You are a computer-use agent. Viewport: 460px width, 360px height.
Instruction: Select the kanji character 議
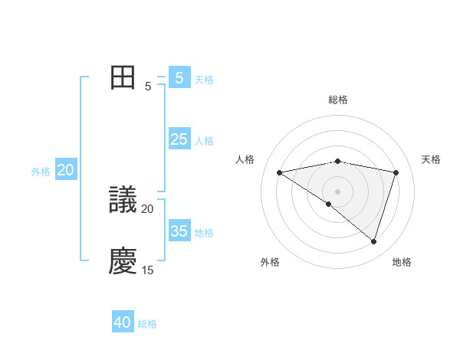[123, 201]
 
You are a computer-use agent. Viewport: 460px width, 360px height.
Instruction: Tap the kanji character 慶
[123, 261]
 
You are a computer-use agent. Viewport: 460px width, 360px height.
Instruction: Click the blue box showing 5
[179, 77]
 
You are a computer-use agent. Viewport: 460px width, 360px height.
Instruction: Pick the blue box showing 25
[179, 139]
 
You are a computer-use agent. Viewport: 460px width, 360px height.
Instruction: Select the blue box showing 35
[179, 231]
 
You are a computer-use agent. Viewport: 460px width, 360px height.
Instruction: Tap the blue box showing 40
[123, 322]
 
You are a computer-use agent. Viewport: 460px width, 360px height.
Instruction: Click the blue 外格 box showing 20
[65, 170]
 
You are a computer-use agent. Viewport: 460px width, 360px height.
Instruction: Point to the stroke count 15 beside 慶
[147, 270]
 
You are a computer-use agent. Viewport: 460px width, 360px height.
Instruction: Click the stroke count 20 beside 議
[147, 209]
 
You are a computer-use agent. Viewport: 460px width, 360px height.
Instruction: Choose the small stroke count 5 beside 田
[147, 87]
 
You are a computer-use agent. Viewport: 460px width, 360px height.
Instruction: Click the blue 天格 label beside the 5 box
[204, 80]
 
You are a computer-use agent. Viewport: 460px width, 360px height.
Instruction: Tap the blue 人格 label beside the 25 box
[204, 141]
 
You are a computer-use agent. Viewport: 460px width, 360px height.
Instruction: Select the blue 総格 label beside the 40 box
[147, 325]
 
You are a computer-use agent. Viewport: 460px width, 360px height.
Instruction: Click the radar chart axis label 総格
[338, 100]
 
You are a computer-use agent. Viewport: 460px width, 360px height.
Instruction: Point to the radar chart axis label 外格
[269, 262]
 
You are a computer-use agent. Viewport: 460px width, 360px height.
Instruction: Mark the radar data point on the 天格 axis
[396, 172]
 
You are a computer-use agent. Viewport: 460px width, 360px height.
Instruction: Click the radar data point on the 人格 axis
[279, 172]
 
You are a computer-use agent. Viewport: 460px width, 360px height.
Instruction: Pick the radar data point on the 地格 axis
[374, 242]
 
